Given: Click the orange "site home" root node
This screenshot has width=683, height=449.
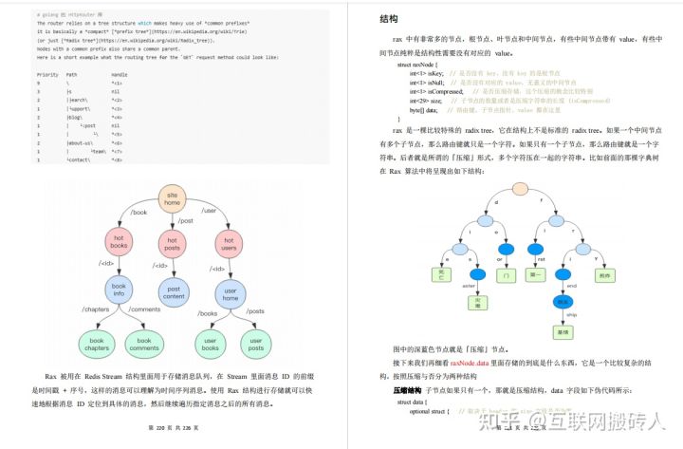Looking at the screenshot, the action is [x=172, y=197].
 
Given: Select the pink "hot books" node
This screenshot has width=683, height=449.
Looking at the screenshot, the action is [x=120, y=243].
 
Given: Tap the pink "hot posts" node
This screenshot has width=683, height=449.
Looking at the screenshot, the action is [x=173, y=243].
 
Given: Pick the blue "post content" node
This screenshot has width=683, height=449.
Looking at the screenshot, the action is [x=174, y=291].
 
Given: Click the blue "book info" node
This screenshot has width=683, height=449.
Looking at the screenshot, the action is [x=120, y=291].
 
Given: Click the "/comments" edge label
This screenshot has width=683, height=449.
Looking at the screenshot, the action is [x=145, y=310].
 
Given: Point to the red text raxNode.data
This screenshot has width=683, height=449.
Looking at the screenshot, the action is [x=469, y=362].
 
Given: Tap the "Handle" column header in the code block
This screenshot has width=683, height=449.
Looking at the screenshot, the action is [x=120, y=73].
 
